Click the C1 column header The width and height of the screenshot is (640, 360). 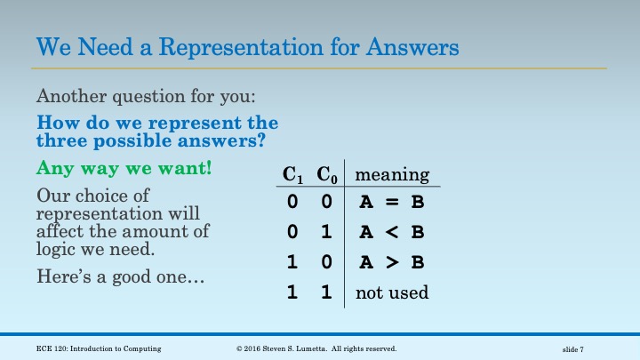[292, 174]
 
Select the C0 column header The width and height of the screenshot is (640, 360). [326, 174]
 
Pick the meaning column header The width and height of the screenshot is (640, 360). [393, 174]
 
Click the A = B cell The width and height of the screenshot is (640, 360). [391, 202]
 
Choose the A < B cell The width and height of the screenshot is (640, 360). [391, 232]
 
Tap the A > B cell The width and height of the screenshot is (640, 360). [391, 262]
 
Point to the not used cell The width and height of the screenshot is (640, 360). [392, 292]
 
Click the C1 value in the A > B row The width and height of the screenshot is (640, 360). [292, 262]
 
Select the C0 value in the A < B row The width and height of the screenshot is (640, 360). [326, 232]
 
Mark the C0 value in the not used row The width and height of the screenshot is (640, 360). [326, 292]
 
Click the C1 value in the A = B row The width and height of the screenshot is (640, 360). [292, 202]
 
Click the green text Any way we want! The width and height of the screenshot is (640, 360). [124, 166]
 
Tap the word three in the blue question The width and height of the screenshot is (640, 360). [62, 140]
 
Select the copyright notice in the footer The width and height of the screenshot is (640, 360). [316, 348]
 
